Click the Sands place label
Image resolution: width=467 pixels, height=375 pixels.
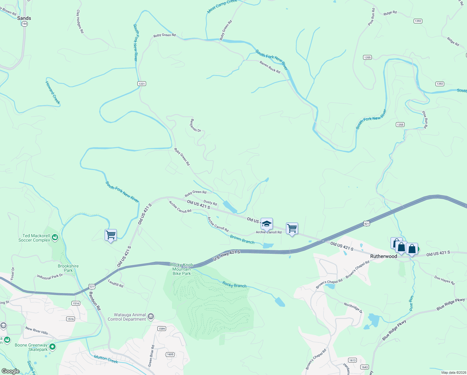[x=24, y=18]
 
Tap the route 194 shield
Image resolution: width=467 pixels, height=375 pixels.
[x=25, y=24]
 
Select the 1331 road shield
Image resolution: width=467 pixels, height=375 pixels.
[x=142, y=83]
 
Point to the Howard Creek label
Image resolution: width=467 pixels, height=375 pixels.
[x=52, y=92]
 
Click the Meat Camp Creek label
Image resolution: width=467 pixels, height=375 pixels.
[x=222, y=6]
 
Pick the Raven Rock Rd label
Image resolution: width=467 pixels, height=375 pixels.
[x=270, y=67]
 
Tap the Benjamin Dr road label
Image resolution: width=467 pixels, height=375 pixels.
[x=196, y=125]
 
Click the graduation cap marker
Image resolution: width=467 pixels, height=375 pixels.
[x=267, y=224]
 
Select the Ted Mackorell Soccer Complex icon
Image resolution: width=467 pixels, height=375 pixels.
[x=55, y=237]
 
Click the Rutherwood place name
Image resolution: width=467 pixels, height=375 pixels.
[x=384, y=256]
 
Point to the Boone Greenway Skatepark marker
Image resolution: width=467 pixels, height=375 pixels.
[x=52, y=346]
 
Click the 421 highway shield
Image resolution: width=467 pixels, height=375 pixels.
[x=366, y=224]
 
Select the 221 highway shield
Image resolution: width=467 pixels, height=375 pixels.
[x=91, y=287]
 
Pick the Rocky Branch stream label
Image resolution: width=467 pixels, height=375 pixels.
[x=234, y=285]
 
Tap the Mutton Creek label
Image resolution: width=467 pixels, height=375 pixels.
[x=106, y=359]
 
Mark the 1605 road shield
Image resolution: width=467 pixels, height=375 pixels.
[x=170, y=354]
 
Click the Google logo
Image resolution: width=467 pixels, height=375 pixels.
[x=11, y=371]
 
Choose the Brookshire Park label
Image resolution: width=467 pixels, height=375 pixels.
[x=68, y=268]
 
